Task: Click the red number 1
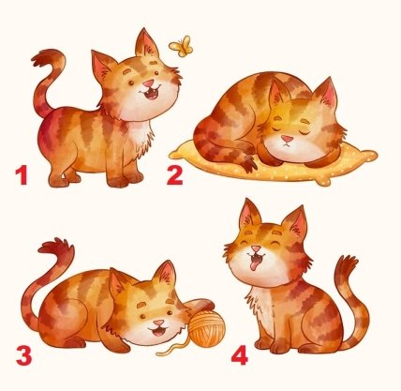22,175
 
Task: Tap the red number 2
174,175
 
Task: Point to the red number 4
240,355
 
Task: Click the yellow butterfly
182,46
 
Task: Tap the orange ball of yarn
206,330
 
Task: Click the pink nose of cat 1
148,83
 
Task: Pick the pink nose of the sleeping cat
287,139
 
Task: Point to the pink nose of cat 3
158,323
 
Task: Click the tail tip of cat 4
347,262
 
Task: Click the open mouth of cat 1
151,93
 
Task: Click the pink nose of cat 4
256,248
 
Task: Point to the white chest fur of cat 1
140,136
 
